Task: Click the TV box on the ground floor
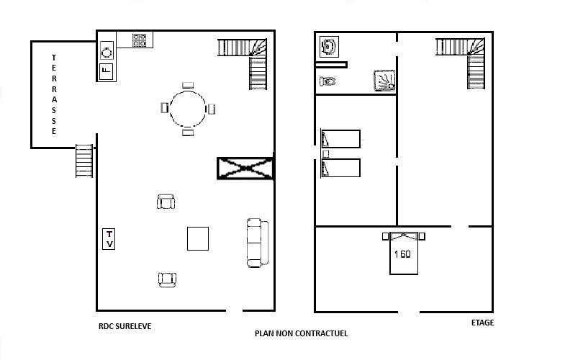tap(109, 239)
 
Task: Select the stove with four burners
tap(139, 40)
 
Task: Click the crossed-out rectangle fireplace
tap(245, 168)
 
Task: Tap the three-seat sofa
tap(257, 243)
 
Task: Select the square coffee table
tap(198, 238)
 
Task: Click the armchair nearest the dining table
tap(166, 202)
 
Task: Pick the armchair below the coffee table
tap(167, 279)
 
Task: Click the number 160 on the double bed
tap(402, 254)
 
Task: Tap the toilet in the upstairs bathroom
tap(327, 81)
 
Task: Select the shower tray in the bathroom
tap(384, 81)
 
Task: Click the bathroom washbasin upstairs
tap(329, 47)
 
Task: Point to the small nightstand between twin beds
tap(326, 153)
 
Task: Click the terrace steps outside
tap(84, 161)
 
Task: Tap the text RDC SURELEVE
tap(125, 326)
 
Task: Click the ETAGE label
tap(483, 323)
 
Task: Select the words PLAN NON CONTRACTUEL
tap(301, 333)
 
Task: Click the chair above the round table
tap(188, 85)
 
